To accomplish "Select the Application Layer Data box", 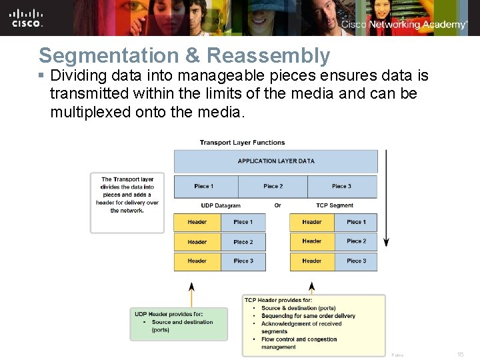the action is pos(275,161).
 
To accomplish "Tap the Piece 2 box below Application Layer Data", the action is pos(273,187).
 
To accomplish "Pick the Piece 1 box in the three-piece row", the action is pos(204,187).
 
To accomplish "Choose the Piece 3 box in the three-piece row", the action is pos(341,187).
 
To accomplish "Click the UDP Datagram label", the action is pos(221,205).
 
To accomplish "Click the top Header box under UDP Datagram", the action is pos(197,222).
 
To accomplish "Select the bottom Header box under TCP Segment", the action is pos(312,261).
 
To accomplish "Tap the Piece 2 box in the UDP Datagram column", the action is pos(243,242).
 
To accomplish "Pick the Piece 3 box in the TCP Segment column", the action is pos(356,261).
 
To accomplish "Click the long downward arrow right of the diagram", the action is pos(387,200).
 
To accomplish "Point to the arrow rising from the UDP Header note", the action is pos(191,293).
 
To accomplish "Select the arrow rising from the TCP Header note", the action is pos(312,287).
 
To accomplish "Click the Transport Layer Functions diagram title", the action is pos(242,143).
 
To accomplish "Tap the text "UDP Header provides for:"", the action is pos(169,314).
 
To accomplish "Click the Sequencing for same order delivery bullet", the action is pos(308,316).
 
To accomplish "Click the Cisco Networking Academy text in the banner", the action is pos(404,25).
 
